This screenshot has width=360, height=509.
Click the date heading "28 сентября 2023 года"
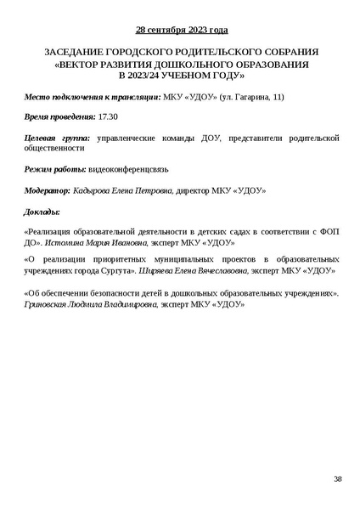click(181, 31)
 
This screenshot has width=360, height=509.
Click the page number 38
click(337, 479)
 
